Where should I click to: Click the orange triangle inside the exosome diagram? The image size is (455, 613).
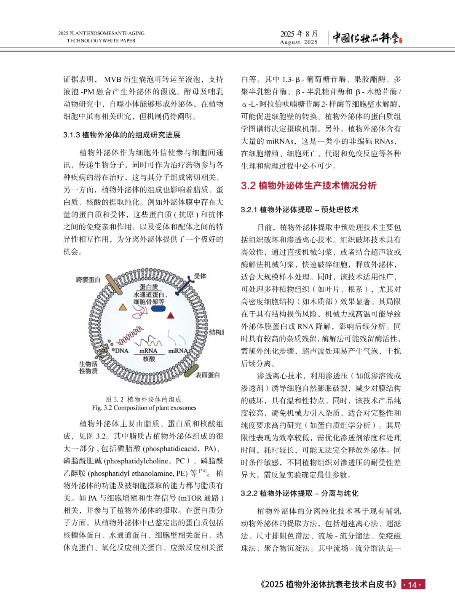tap(123, 307)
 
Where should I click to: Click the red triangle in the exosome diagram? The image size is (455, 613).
tap(171, 315)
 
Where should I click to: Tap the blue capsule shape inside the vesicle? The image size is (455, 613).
tap(158, 308)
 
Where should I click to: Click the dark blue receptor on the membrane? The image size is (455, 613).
tap(182, 287)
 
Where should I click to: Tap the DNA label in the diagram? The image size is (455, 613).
tap(122, 351)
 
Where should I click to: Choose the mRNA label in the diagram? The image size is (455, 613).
tap(148, 351)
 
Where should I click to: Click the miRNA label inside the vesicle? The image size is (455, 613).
tap(178, 351)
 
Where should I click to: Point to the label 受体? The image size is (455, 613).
tap(200, 276)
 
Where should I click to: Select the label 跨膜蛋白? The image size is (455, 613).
tap(88, 280)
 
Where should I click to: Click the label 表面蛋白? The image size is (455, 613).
tap(207, 375)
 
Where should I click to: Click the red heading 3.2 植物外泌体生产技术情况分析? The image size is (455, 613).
tap(308, 185)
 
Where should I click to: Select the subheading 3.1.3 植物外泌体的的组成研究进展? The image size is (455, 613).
tap(122, 135)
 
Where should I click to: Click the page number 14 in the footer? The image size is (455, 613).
tap(412, 584)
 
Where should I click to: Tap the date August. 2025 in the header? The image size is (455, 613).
tap(299, 42)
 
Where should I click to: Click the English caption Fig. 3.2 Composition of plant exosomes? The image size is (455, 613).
tap(144, 408)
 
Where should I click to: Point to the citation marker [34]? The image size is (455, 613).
tap(203, 471)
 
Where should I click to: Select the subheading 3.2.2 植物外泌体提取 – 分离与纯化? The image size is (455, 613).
tap(300, 493)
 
